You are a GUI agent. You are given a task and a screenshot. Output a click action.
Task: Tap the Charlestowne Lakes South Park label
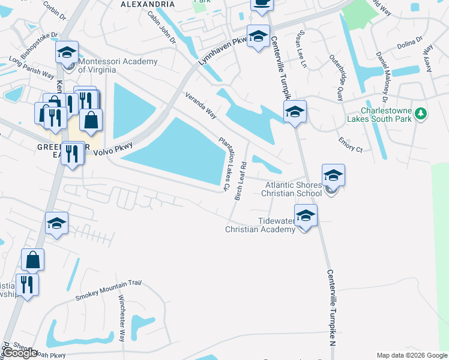(393, 118)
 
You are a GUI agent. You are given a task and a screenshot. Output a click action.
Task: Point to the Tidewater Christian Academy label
(261, 225)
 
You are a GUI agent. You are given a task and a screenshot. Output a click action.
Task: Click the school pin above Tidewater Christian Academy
(306, 215)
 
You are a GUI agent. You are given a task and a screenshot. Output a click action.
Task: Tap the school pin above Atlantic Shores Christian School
(333, 175)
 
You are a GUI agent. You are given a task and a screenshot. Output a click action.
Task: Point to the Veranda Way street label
(200, 105)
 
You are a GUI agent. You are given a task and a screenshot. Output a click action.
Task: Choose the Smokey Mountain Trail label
(108, 290)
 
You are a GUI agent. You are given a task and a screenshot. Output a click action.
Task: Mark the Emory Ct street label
(351, 144)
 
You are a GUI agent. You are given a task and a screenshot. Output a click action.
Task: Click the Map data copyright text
(412, 355)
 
